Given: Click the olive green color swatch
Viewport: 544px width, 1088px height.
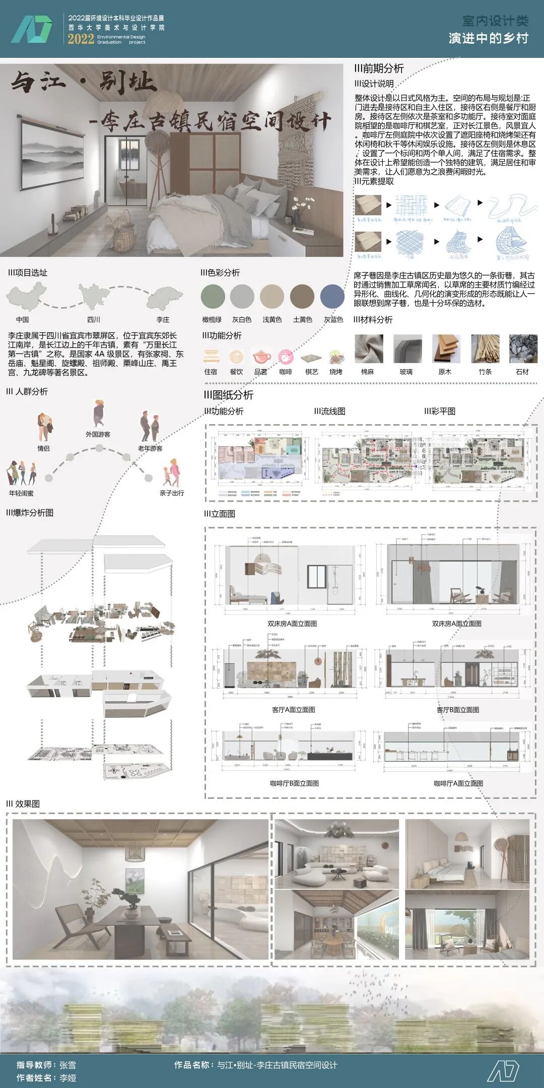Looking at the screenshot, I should pyautogui.click(x=213, y=296).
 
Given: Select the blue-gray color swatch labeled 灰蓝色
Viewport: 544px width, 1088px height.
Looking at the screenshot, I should pyautogui.click(x=332, y=296).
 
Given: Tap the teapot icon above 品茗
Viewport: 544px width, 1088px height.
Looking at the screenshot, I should pyautogui.click(x=261, y=357).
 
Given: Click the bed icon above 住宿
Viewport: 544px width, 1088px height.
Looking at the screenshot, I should pyautogui.click(x=211, y=357).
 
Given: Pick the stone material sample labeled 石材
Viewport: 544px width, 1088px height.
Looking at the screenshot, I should pyautogui.click(x=523, y=349).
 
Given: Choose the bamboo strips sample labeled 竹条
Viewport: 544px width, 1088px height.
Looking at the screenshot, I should pyautogui.click(x=485, y=349).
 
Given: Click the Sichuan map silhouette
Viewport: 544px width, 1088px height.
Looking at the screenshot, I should pyautogui.click(x=94, y=296).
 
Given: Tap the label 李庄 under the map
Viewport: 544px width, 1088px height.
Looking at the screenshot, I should pyautogui.click(x=163, y=320).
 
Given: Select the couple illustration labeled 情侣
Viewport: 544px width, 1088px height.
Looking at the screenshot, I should pyautogui.click(x=44, y=426).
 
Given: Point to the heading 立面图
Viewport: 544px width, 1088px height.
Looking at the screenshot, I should pyautogui.click(x=220, y=514).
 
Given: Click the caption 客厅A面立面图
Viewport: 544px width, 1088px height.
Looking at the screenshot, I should pyautogui.click(x=293, y=710).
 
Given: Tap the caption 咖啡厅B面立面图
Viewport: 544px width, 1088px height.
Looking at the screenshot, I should pyautogui.click(x=294, y=783).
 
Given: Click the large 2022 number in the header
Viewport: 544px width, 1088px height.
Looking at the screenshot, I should pyautogui.click(x=81, y=39).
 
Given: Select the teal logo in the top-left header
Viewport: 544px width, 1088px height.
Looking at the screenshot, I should pyautogui.click(x=31, y=29).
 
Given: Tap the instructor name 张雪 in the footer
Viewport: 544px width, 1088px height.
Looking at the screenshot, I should pyautogui.click(x=68, y=1065).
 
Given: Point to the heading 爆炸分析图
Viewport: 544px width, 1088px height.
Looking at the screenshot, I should pyautogui.click(x=30, y=513).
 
